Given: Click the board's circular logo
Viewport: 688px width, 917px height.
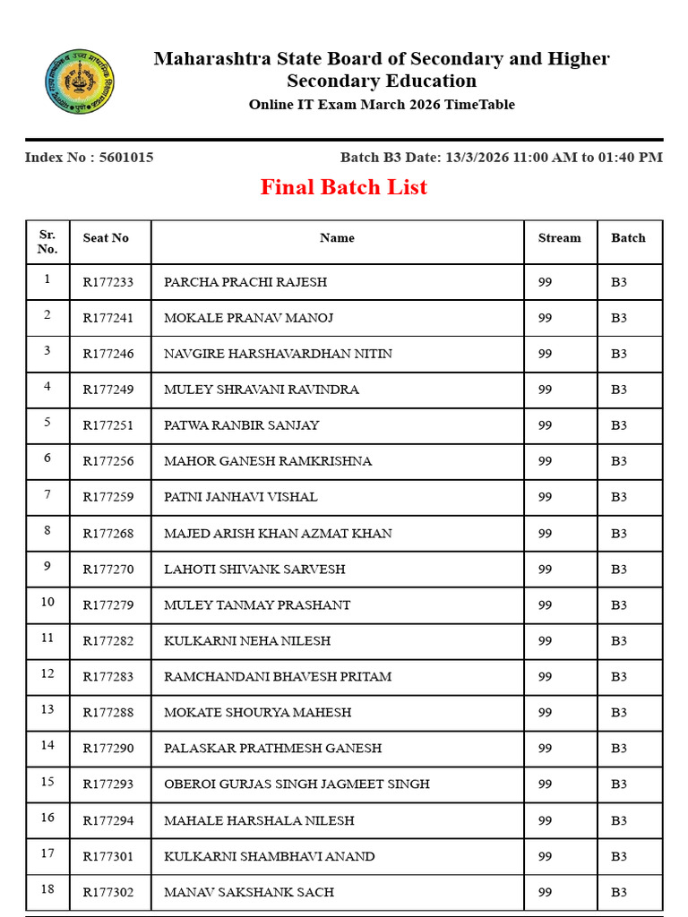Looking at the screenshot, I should pos(80,81).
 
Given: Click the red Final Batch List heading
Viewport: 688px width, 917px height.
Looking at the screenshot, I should pos(344,187).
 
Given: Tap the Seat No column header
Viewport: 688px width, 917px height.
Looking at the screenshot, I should pos(106,238).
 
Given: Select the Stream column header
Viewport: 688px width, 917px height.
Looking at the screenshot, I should pos(559,238).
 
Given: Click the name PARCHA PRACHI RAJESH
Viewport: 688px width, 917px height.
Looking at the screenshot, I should pos(245,282).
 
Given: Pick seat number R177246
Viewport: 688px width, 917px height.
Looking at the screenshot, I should pos(108,354).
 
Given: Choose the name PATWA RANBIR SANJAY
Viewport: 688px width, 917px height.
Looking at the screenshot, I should pos(241,425).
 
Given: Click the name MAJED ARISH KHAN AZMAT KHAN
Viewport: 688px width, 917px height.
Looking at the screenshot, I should pos(278,534).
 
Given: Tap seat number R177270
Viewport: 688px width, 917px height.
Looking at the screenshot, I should pos(108,570).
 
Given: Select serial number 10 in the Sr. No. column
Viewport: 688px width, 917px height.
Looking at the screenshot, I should pos(47,602).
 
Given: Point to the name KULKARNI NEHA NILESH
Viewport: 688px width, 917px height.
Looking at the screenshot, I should pos(247,641).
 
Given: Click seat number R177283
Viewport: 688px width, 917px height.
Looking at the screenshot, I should pos(108,677).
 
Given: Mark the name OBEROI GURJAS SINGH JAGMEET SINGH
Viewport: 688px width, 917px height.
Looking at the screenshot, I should pos(297,784).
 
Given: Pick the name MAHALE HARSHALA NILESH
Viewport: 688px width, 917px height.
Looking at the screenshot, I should pos(259,820).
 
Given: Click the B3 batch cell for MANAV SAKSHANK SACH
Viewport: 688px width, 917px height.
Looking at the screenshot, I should pos(619,892).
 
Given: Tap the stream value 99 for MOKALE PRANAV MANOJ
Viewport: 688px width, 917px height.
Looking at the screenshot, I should pos(545,318).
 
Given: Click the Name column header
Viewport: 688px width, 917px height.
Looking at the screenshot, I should pos(337,238).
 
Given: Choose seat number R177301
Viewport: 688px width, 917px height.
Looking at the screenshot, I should pos(108,856).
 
